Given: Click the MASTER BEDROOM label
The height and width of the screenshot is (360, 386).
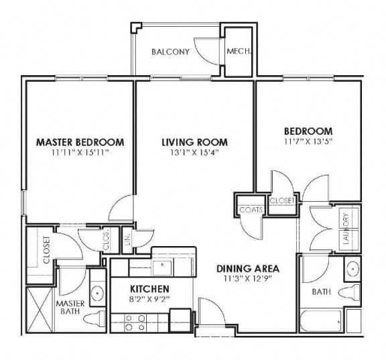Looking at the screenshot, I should tap(80, 142).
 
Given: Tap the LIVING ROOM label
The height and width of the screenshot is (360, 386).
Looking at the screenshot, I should tap(194, 142).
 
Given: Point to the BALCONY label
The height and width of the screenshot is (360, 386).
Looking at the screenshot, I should tap(168, 52).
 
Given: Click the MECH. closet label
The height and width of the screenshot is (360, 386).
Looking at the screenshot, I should tap(237, 52).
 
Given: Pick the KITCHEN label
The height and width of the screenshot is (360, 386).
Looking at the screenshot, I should tap(152, 290).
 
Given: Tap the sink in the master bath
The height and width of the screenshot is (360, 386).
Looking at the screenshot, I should tap(97, 293).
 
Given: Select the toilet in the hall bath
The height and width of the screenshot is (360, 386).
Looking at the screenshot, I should tap(349, 293).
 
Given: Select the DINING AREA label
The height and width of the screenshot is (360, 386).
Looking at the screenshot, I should tap(247, 269).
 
